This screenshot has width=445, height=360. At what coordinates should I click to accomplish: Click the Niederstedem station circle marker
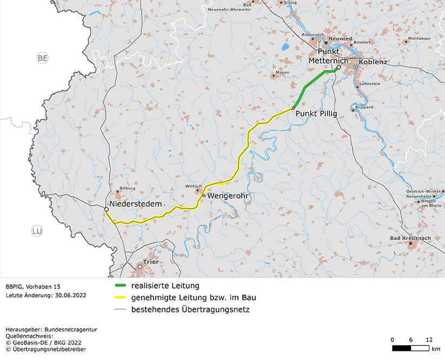[106, 209]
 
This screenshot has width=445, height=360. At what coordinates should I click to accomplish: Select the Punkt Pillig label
[316, 114]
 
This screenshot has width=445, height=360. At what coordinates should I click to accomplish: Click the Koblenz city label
[373, 62]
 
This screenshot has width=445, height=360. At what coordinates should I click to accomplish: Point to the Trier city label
[151, 262]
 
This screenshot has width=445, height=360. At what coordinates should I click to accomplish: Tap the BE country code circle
[43, 58]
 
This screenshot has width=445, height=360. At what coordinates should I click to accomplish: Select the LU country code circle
[37, 231]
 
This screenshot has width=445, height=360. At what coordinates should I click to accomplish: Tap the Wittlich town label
[193, 185]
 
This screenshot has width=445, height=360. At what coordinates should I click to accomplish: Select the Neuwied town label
[340, 39]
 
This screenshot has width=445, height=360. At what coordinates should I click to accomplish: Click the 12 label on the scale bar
[429, 339]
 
